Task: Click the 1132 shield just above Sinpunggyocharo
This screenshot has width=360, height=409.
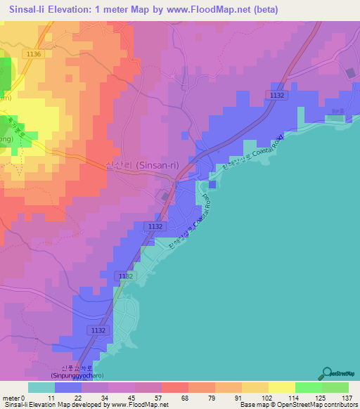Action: (x=98, y=330)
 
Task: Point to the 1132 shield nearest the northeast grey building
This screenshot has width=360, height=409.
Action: (x=277, y=94)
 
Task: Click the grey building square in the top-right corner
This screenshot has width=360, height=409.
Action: (x=351, y=72)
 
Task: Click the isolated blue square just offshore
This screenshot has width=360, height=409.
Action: (x=213, y=185)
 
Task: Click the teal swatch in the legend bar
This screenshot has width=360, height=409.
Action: (x=41, y=387)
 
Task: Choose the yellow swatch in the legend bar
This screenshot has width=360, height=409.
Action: (x=282, y=387)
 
